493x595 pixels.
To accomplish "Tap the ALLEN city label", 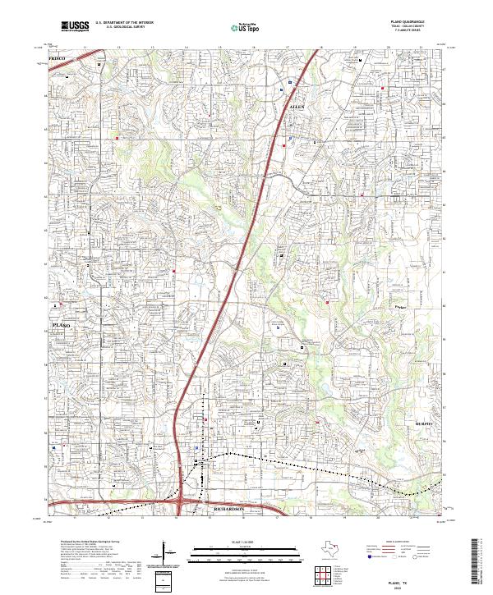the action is [297, 107].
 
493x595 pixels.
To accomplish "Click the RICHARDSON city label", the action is [229, 510].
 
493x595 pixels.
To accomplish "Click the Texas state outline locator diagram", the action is [335, 548].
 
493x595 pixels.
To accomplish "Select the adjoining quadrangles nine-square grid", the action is [322, 574].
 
